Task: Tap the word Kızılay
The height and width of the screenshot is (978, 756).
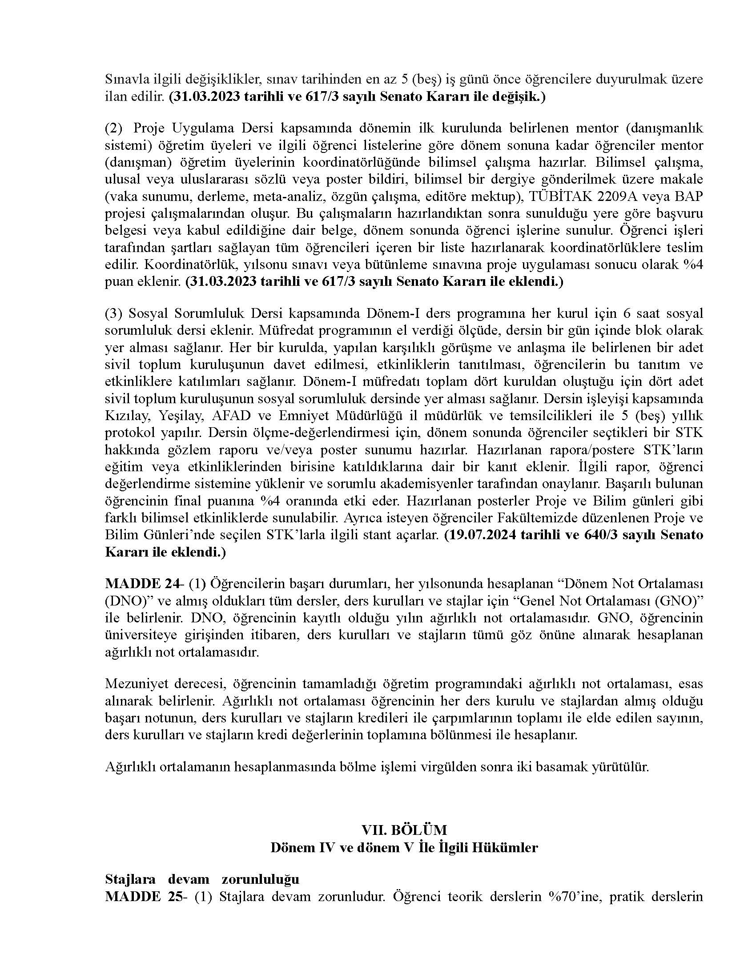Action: pyautogui.click(x=125, y=416)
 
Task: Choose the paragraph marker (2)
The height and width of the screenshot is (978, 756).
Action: pyautogui.click(x=113, y=128)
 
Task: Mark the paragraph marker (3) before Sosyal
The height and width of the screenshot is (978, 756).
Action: pyautogui.click(x=113, y=313)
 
